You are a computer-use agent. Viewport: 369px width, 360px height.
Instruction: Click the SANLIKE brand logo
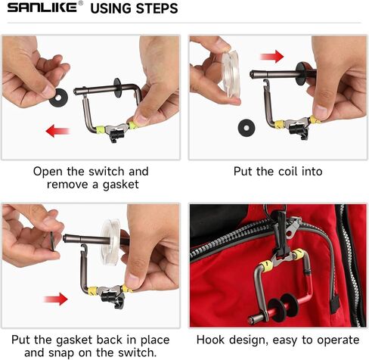pyautogui.click(x=42, y=8)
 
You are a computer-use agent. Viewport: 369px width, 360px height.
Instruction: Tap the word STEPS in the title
pyautogui.click(x=157, y=8)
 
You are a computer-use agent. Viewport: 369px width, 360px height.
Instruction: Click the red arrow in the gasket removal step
pyautogui.click(x=57, y=131)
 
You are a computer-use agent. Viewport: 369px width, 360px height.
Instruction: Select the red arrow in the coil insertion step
pyautogui.click(x=271, y=56)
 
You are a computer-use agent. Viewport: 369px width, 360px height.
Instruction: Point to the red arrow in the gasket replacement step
pyautogui.click(x=56, y=299)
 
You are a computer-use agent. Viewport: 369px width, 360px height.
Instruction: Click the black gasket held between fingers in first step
pyautogui.click(x=58, y=98)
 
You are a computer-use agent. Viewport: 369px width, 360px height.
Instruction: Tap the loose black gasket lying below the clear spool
pyautogui.click(x=247, y=128)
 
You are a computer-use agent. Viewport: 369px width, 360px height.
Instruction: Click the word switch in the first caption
pyautogui.click(x=107, y=172)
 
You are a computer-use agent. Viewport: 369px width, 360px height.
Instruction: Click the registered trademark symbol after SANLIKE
pyautogui.click(x=80, y=3)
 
